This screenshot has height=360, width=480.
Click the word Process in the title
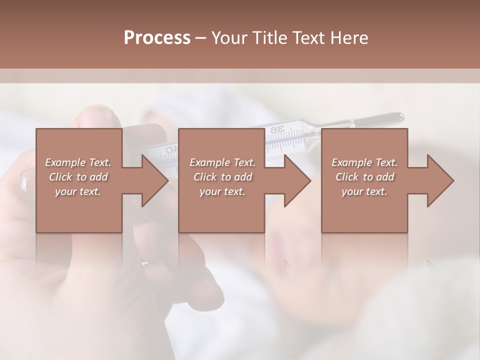(157, 38)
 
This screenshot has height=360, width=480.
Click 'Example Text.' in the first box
(78, 162)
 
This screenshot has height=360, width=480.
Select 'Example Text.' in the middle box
(222, 162)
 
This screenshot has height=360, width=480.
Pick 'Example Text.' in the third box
(364, 162)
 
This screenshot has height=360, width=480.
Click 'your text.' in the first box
(78, 191)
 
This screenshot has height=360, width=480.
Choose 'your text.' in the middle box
(222, 191)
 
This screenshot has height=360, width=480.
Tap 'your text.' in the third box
(364, 191)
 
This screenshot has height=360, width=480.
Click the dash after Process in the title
(201, 38)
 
